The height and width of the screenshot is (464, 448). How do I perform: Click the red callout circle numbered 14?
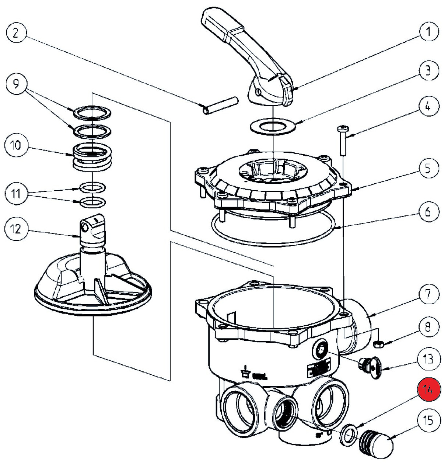[428, 389]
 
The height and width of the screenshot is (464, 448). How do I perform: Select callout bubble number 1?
[428, 32]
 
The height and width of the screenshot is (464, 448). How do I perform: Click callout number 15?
[428, 420]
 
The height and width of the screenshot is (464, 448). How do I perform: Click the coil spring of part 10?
[92, 157]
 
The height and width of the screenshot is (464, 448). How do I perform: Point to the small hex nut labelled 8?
[378, 344]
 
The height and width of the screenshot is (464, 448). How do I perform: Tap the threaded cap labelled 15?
[376, 443]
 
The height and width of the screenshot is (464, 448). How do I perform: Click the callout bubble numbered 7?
[428, 294]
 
